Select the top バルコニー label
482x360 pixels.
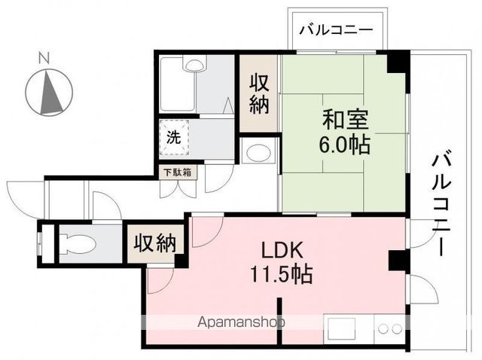335,31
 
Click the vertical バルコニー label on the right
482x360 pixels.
443,203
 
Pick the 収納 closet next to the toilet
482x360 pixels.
155,243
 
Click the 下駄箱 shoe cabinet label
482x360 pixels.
177,172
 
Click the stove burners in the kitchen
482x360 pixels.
389,329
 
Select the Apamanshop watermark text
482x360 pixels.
242,322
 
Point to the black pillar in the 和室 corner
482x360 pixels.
397,62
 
